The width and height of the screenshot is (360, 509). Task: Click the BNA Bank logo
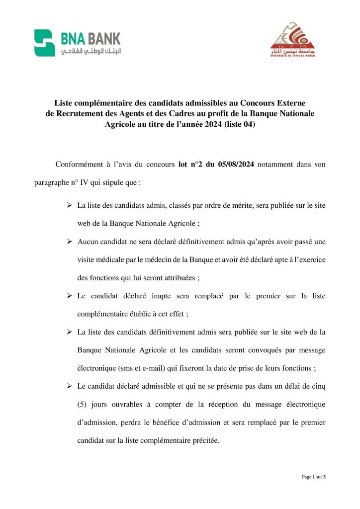click(77, 43)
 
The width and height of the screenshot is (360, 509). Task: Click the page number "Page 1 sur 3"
click(313, 477)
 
